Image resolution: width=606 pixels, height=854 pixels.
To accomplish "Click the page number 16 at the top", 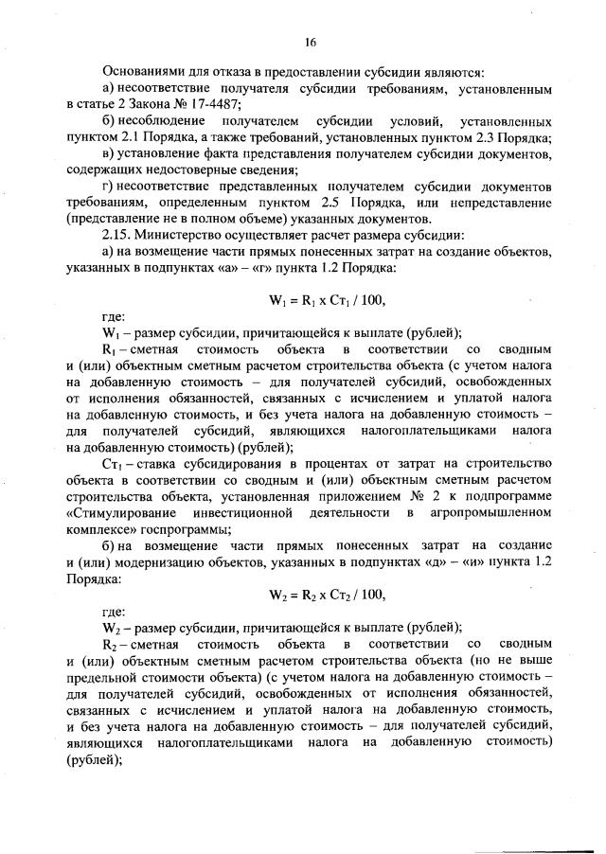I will pyautogui.click(x=309, y=42).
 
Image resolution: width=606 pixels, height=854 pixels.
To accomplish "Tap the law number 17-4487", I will pyautogui.click(x=212, y=104).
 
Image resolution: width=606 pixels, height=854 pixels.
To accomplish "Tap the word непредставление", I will pyautogui.click(x=498, y=202).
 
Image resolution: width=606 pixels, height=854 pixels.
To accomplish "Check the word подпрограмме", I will pyautogui.click(x=506, y=496).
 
